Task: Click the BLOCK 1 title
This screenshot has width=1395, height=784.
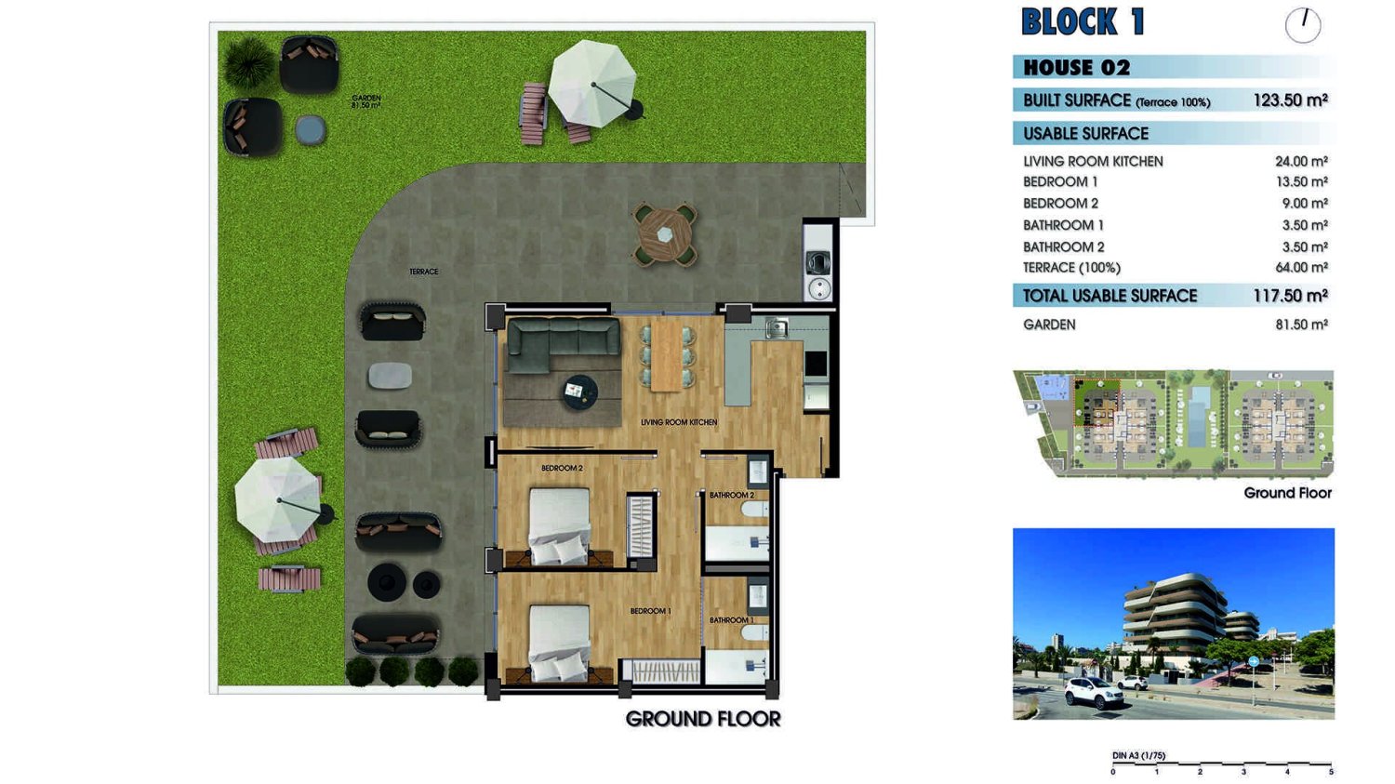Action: pos(1083,21)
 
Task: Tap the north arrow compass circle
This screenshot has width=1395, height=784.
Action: pos(1303,25)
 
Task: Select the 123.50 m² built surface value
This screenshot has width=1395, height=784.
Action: pos(1291,100)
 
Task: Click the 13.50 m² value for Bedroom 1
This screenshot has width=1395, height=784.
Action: pos(1302,182)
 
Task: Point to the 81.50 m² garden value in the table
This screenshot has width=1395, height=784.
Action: pos(1302,325)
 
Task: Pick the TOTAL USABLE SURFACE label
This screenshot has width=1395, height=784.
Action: pos(1109,296)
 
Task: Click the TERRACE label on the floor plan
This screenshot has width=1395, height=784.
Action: pos(423,272)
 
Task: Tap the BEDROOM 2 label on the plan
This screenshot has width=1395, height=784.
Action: pos(562,468)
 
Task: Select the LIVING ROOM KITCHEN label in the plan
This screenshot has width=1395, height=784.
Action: pos(679,422)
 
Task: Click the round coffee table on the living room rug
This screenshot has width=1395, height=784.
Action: pos(578,392)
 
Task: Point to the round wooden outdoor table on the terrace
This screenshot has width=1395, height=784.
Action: pos(665,234)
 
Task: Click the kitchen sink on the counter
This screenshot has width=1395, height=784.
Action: pos(777,327)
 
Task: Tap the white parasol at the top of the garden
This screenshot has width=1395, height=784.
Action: pos(592,84)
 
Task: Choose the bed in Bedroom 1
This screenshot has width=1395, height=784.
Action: pos(559,643)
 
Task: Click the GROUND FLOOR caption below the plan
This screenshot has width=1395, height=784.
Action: pos(702,719)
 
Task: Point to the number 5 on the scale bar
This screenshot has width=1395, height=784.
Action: pos(1331,772)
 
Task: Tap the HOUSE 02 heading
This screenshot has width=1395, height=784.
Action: pos(1076,67)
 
